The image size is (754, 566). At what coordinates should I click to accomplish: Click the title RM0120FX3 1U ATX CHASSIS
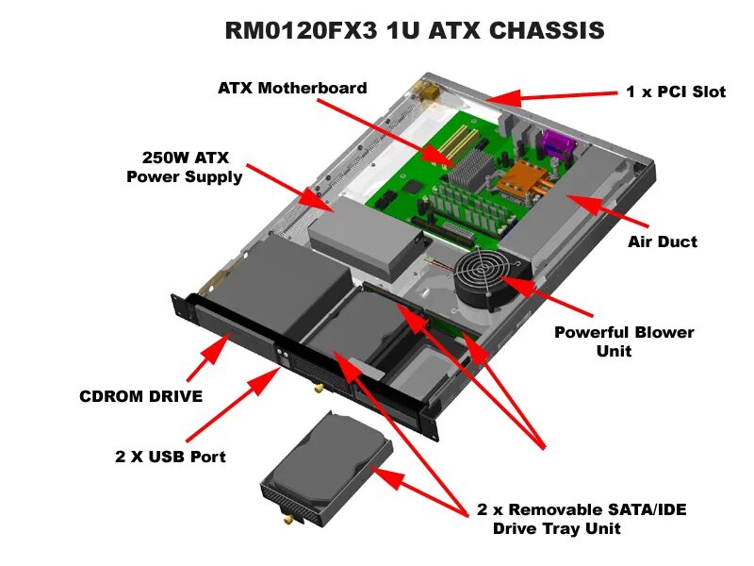click(x=415, y=30)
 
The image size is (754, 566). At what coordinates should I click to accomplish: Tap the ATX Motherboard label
click(x=292, y=88)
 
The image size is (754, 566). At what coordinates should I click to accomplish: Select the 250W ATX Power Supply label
click(x=185, y=167)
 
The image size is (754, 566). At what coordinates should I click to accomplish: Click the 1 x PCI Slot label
click(x=676, y=92)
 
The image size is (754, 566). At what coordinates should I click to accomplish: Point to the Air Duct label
click(x=663, y=241)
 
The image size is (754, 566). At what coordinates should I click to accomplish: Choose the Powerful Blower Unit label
click(x=623, y=341)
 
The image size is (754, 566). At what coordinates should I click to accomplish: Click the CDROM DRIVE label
click(x=140, y=396)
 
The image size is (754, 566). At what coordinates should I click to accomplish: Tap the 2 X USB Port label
click(x=171, y=457)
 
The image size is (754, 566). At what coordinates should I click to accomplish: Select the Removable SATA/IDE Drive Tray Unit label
click(x=582, y=519)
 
